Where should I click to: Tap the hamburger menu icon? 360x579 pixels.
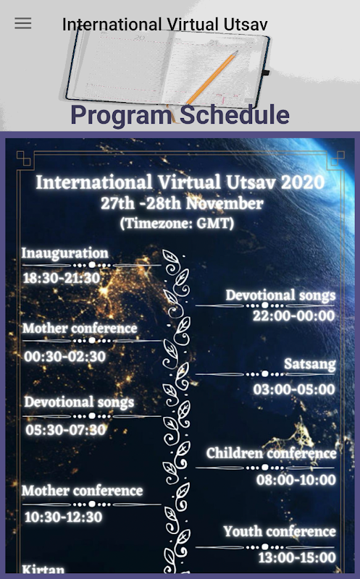[x=23, y=23]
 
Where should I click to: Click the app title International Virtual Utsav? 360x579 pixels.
[x=165, y=25]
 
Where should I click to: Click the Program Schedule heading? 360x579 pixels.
[x=180, y=114]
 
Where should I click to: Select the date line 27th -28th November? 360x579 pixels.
[x=182, y=203]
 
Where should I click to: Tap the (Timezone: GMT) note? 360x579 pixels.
[x=177, y=223]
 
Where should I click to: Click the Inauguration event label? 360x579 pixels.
[x=64, y=253]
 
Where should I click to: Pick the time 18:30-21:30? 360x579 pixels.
[x=62, y=278]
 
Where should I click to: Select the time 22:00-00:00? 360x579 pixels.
[x=294, y=316]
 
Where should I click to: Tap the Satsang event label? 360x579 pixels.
[x=310, y=364]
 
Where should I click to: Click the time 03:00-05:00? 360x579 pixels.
[x=294, y=389]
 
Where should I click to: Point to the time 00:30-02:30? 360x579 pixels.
[x=64, y=356]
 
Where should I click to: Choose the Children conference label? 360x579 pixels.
[x=272, y=453]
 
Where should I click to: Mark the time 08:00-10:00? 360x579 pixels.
[x=296, y=480]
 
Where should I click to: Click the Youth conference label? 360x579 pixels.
[x=280, y=531]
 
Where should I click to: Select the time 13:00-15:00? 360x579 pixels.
[x=297, y=557]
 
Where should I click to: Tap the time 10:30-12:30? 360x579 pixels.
[x=63, y=517]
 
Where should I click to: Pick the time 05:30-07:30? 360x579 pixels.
[x=65, y=430]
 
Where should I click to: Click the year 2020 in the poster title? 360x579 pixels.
[x=303, y=182]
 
